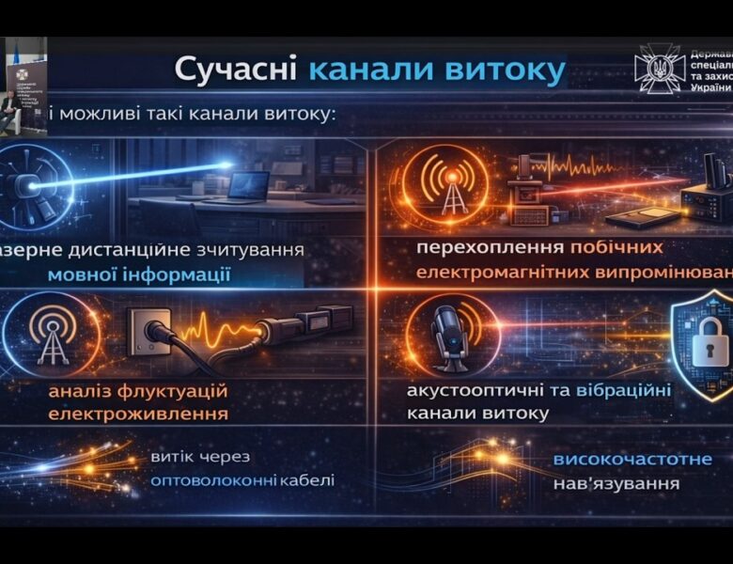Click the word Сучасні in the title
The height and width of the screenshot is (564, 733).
(x=235, y=70)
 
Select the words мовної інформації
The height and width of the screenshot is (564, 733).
(x=139, y=274)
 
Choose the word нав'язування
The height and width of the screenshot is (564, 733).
(x=616, y=485)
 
